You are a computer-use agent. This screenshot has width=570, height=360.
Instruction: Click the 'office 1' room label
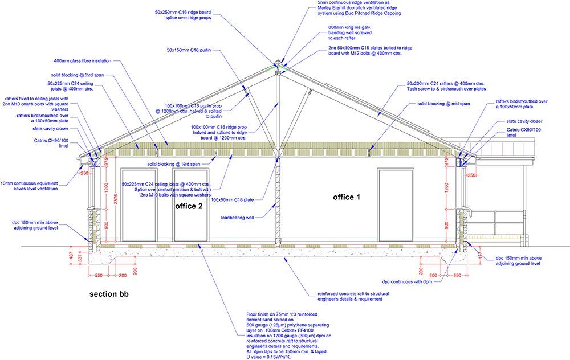tap(347, 197)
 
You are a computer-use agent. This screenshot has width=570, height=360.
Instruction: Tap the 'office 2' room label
tap(189, 206)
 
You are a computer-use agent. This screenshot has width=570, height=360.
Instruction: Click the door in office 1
tap(395, 204)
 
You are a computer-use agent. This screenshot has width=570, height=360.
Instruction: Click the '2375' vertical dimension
tap(116, 199)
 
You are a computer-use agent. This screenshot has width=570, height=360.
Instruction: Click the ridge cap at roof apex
tap(278, 63)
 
